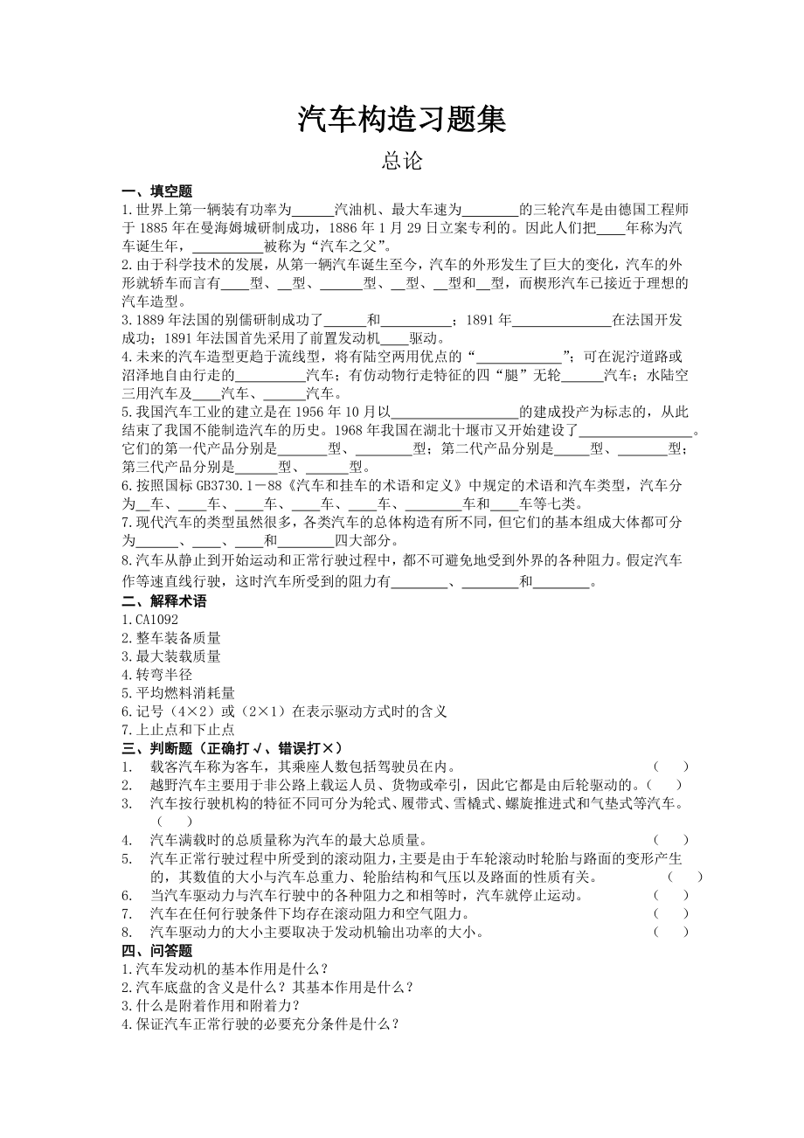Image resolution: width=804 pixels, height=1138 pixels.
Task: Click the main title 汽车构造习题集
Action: [402, 120]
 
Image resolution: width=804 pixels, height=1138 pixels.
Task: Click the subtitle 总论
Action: [402, 162]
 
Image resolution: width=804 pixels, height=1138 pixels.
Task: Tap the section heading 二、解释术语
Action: [164, 601]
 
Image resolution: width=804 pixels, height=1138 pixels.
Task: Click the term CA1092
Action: [150, 620]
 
